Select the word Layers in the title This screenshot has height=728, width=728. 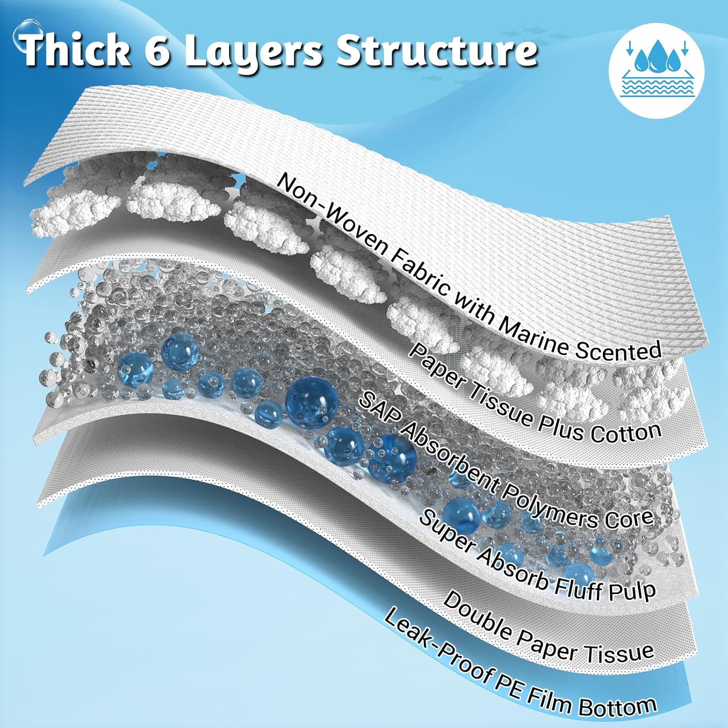252,51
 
